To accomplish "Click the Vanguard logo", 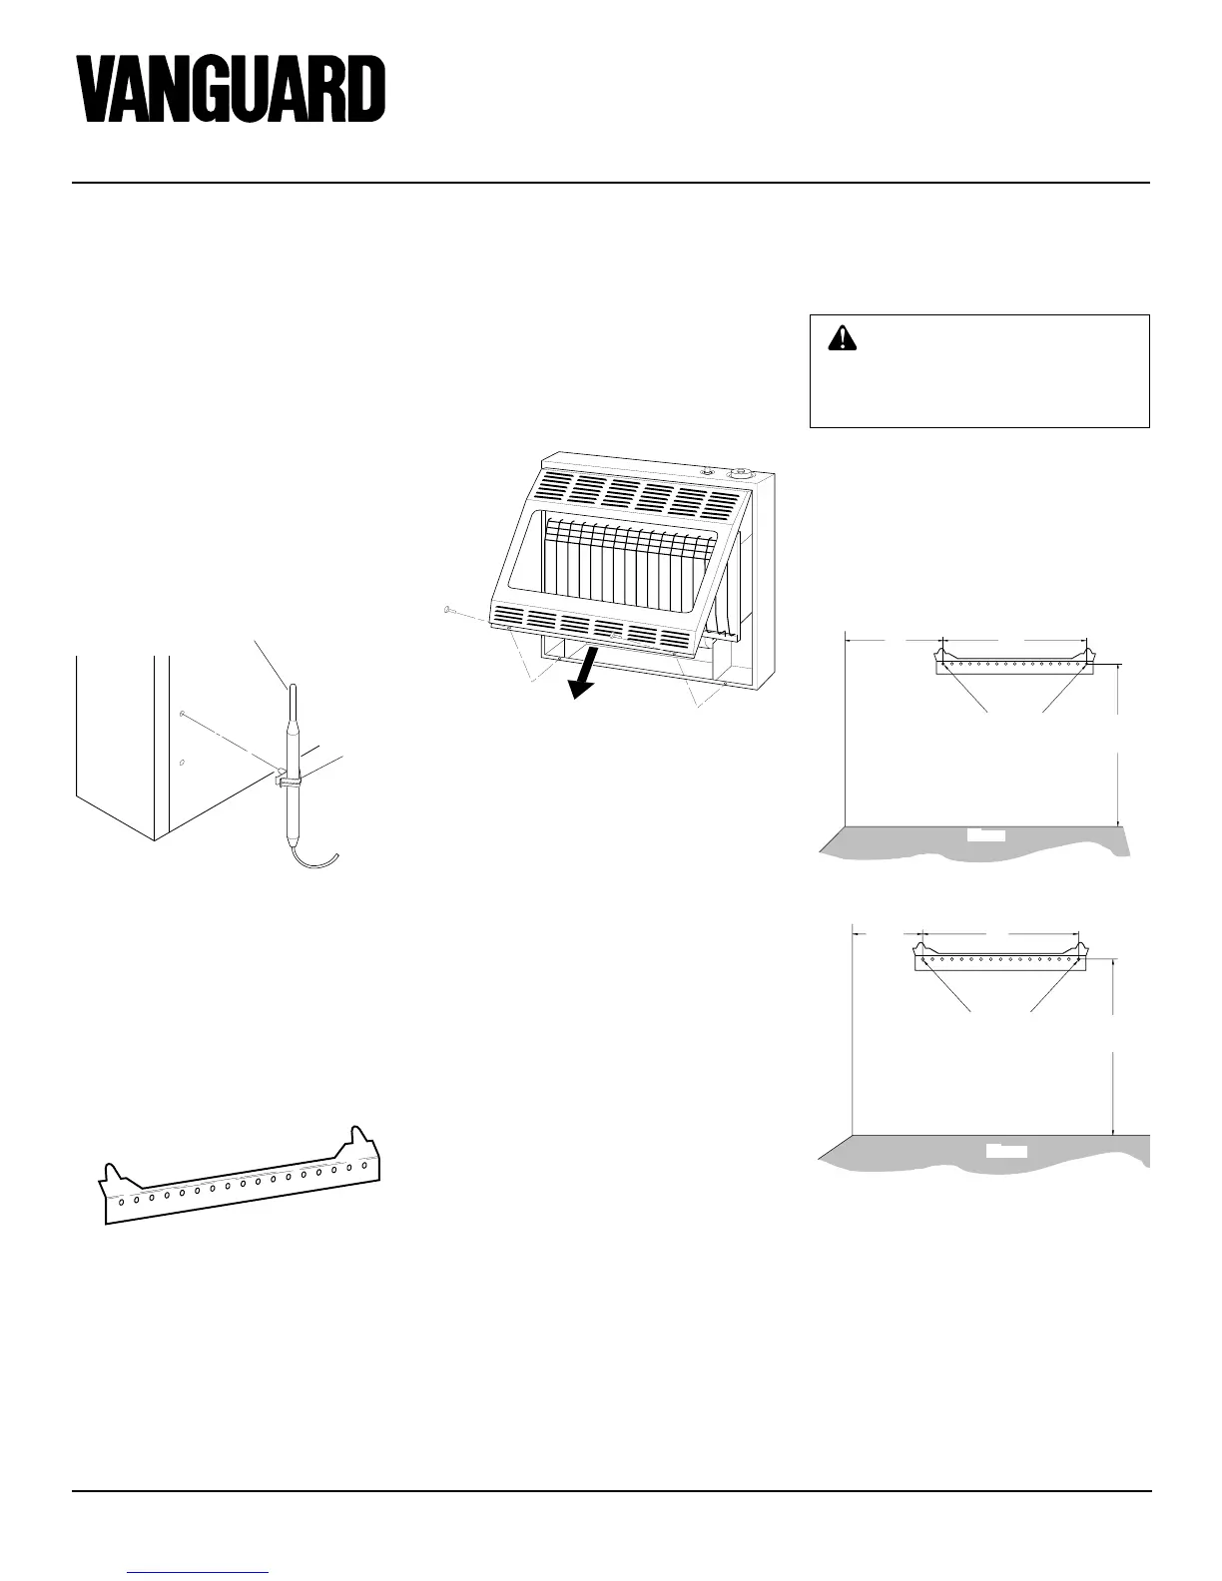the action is point(232,89).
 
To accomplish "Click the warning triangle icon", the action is point(844,339).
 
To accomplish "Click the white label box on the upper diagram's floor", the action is point(986,834).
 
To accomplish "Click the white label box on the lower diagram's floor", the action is point(1006,1151).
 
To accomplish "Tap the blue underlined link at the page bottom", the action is point(200,1572).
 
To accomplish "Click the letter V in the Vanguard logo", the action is point(101,89).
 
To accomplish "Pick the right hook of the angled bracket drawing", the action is point(359,1140).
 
